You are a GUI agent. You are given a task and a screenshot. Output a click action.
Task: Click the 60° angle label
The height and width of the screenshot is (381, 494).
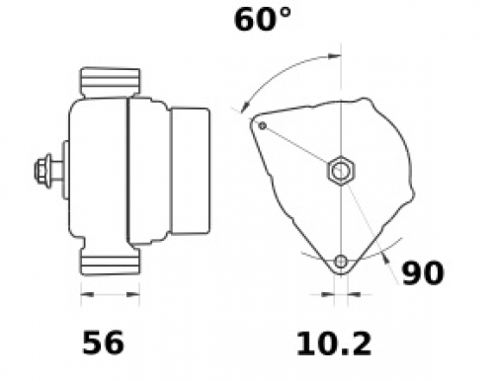pyautogui.click(x=263, y=20)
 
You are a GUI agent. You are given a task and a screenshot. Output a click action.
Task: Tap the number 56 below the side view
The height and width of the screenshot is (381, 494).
pyautogui.click(x=103, y=343)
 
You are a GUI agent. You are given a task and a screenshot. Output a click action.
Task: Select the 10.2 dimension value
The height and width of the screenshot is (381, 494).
pyautogui.click(x=334, y=344)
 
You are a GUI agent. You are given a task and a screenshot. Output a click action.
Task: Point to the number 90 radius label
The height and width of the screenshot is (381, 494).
pyautogui.click(x=423, y=272)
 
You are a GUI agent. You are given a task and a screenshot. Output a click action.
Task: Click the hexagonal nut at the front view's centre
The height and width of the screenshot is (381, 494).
pyautogui.click(x=341, y=171)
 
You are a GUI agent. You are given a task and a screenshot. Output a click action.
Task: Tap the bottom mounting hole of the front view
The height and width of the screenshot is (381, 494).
pyautogui.click(x=341, y=262)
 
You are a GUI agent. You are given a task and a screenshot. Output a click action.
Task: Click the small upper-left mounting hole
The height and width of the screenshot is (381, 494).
pyautogui.click(x=263, y=125)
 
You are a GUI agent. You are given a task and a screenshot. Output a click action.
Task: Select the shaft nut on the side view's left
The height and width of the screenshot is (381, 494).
pyautogui.click(x=43, y=171)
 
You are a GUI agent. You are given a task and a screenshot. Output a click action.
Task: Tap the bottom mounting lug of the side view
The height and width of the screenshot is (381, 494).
pyautogui.click(x=110, y=262)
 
